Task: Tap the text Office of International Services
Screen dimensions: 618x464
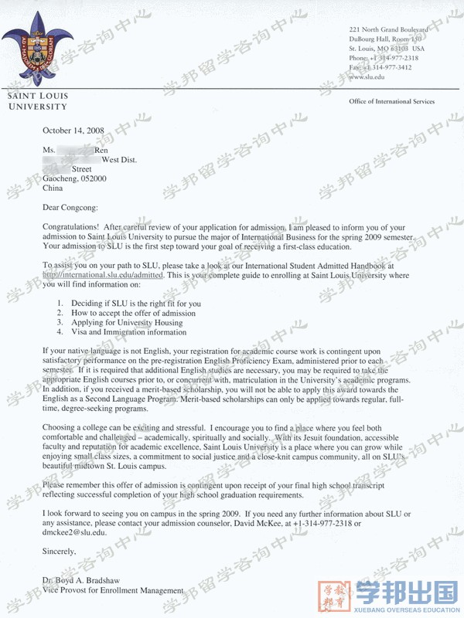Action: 391,101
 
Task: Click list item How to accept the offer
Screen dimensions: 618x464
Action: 133,313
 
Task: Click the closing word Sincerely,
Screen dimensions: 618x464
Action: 60,552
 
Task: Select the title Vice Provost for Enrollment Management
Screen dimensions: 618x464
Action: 113,590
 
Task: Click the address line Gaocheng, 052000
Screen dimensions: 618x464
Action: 75,178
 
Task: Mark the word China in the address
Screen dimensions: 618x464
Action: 53,188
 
